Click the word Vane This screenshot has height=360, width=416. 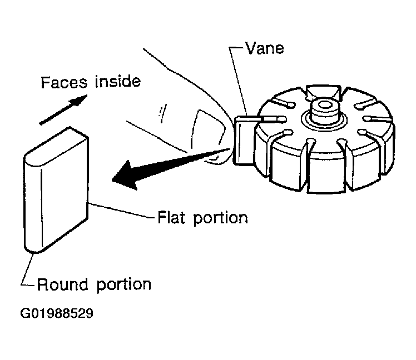coord(265,48)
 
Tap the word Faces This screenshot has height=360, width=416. coord(64,82)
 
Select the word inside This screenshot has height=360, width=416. coord(118,81)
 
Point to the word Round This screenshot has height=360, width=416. coord(62,284)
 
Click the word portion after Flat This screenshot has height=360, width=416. coord(220,219)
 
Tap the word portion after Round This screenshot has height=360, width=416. coord(123,285)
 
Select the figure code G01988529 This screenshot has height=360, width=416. coord(57,313)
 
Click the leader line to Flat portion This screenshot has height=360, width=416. coord(121,211)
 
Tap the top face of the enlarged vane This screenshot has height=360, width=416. coord(56,147)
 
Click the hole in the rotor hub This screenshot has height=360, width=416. coord(324,105)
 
